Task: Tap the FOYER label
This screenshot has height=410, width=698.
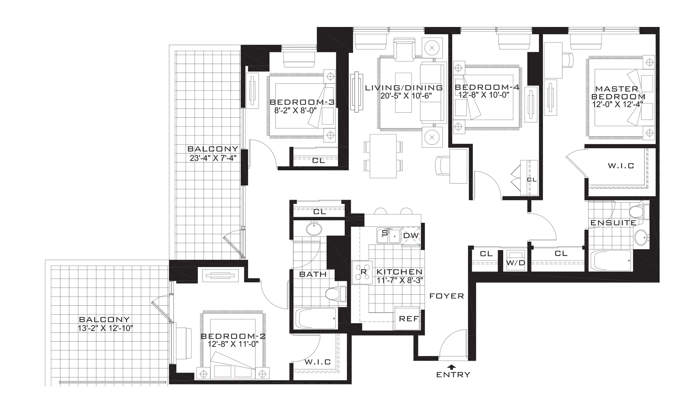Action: click(x=446, y=296)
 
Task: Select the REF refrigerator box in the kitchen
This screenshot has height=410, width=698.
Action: click(x=407, y=318)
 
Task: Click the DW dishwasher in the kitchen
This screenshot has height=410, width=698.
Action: click(x=411, y=236)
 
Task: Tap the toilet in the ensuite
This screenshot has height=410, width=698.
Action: click(x=639, y=212)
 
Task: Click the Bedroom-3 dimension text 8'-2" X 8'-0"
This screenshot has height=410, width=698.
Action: click(x=295, y=110)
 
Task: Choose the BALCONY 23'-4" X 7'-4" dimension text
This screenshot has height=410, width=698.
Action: click(x=213, y=158)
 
